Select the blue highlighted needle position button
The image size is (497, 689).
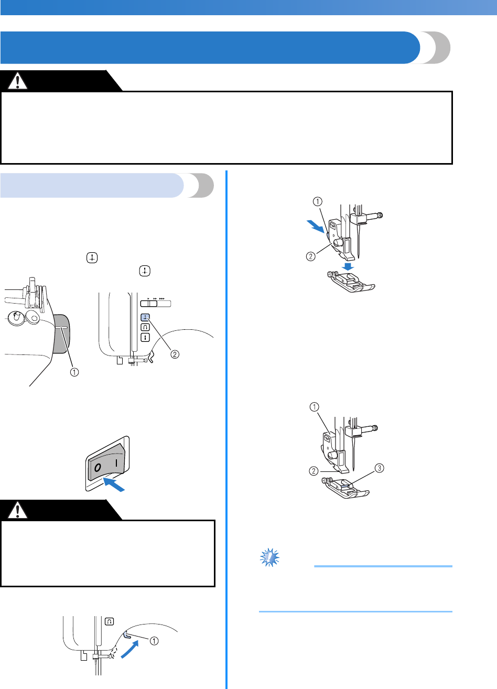click(145, 317)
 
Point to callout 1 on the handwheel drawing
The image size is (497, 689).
click(75, 372)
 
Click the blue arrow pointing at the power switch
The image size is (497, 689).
click(116, 485)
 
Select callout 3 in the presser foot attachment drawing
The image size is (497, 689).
click(379, 468)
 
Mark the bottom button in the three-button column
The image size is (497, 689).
click(145, 336)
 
